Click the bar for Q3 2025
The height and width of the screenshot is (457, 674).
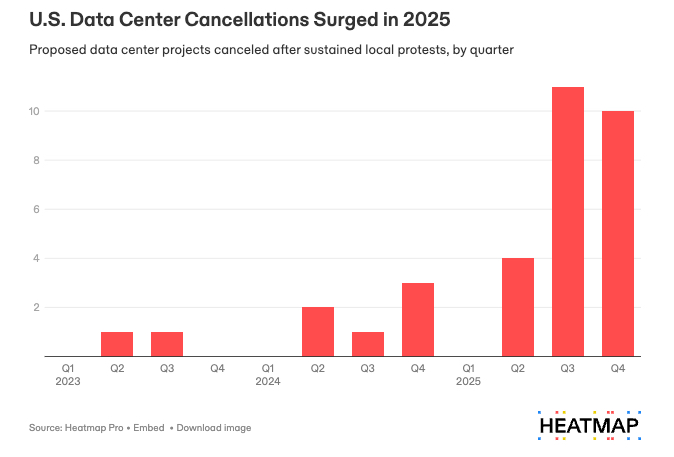[568, 221]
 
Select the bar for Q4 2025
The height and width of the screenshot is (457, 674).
[618, 233]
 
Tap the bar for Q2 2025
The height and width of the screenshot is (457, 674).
[518, 307]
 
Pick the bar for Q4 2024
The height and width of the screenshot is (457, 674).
[418, 319]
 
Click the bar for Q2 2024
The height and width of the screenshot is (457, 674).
[318, 331]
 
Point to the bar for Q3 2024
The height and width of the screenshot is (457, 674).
[368, 343]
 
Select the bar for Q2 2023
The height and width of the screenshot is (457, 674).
[117, 343]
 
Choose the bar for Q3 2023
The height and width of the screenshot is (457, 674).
[167, 343]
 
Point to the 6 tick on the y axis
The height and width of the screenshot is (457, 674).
[36, 209]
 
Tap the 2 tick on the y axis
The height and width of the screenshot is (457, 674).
[36, 307]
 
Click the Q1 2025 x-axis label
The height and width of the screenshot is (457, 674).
[468, 375]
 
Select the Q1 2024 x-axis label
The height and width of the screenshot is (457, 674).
[267, 375]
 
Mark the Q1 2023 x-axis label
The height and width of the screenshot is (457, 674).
[67, 375]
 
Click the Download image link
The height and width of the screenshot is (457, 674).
[213, 428]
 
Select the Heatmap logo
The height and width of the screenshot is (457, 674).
[588, 424]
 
